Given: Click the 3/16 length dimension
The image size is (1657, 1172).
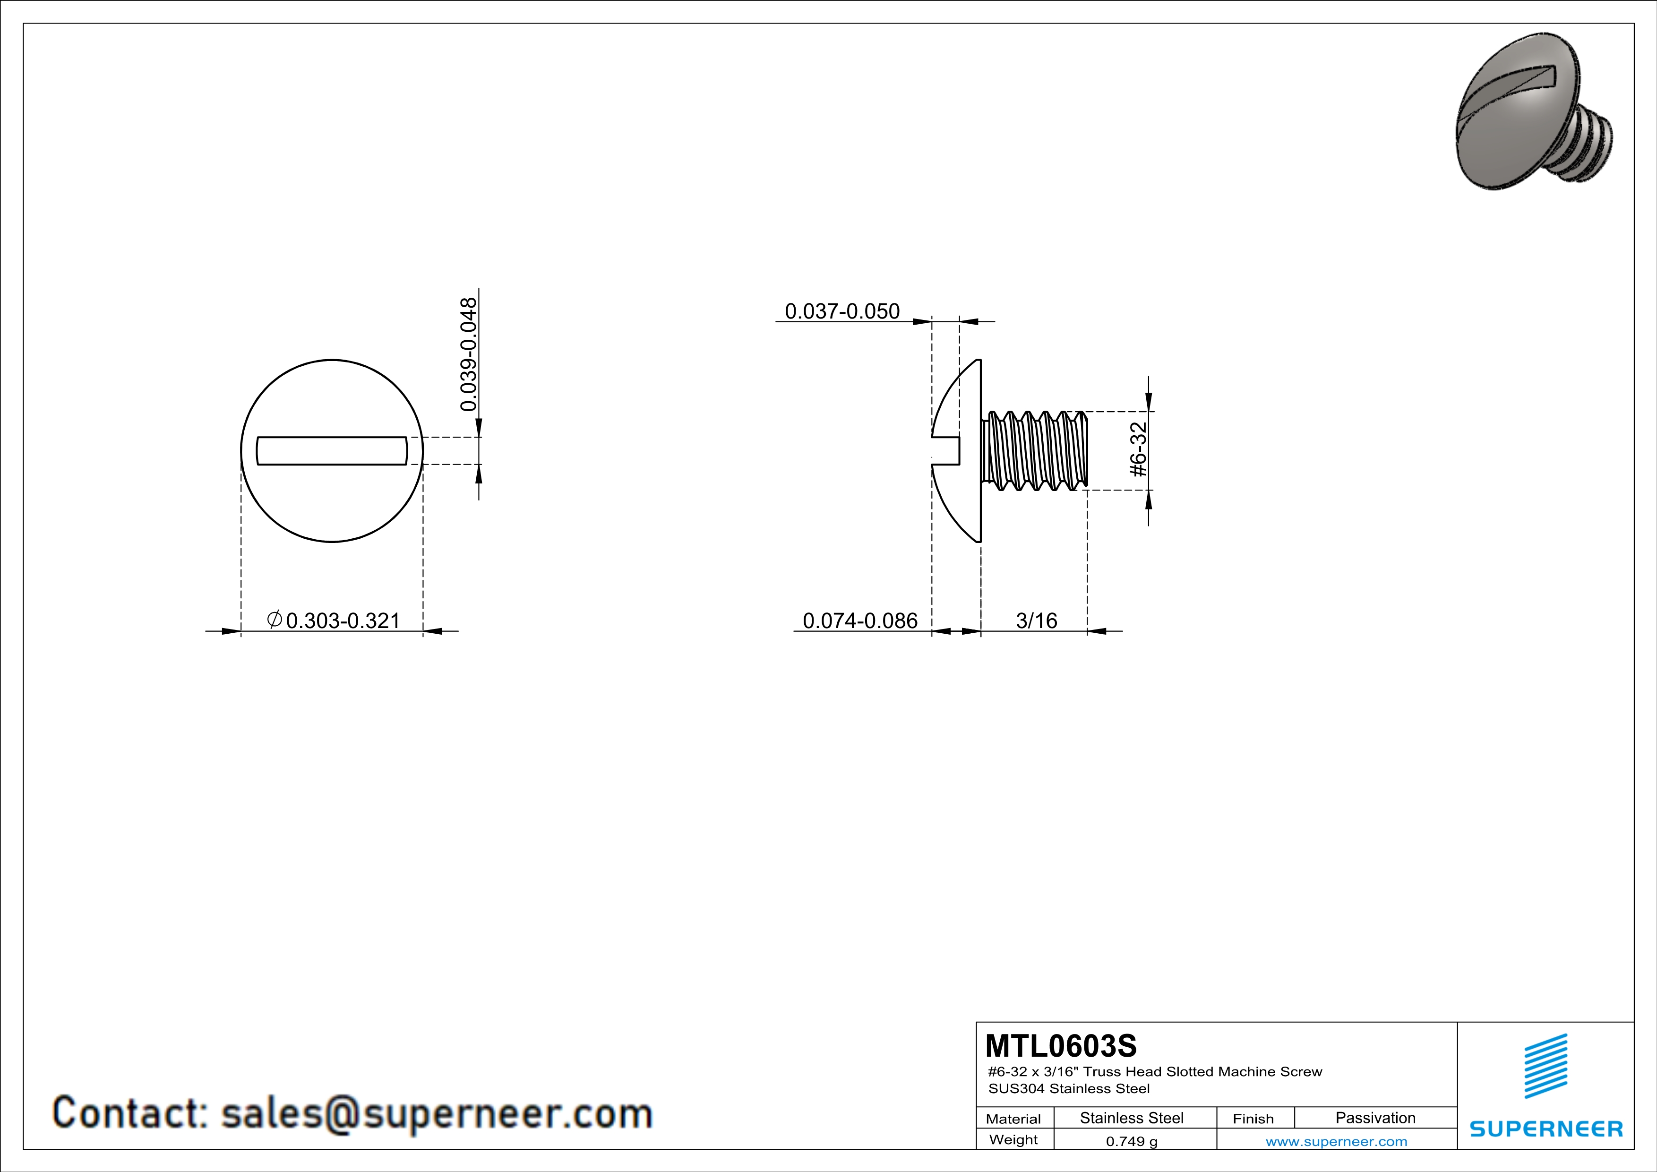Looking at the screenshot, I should [x=1036, y=620].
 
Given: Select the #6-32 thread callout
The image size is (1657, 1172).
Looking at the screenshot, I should [x=1138, y=449].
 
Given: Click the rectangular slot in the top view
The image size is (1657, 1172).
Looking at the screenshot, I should [x=332, y=450].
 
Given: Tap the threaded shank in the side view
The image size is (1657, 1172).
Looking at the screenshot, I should [x=1036, y=450].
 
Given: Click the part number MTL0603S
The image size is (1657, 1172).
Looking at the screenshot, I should [x=1060, y=1046].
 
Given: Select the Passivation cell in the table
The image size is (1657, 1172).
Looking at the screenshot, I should [x=1375, y=1118].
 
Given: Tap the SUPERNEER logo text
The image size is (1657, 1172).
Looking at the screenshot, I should [x=1546, y=1129].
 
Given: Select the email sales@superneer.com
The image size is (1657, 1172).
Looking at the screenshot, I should [x=437, y=1113].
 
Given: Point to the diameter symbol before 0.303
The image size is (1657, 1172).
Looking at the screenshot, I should [x=274, y=619].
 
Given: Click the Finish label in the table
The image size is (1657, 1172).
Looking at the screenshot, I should [x=1253, y=1119].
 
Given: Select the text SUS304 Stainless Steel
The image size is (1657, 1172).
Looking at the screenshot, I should [x=1069, y=1088].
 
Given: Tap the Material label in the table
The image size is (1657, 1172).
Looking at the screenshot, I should [x=1013, y=1119].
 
